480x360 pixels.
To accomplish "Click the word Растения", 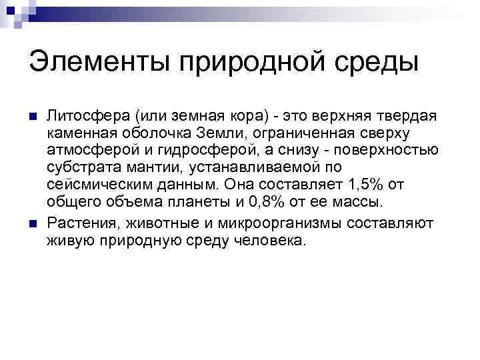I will coord(79,222).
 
